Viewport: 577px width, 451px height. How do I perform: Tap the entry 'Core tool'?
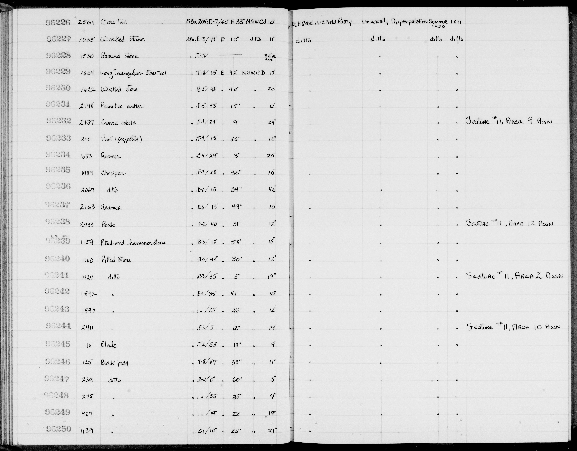point(114,22)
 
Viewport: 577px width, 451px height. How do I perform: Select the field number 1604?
point(87,73)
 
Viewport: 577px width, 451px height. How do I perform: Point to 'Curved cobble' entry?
point(119,122)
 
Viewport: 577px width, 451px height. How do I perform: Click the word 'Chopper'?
point(113,173)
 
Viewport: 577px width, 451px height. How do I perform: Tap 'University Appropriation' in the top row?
point(394,22)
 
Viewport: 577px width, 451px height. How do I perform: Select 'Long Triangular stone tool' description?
point(133,73)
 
